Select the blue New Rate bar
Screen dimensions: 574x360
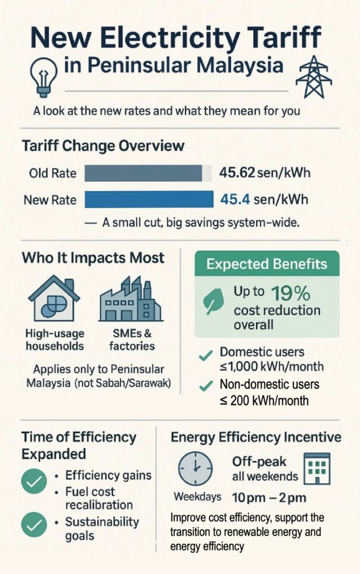(148, 200)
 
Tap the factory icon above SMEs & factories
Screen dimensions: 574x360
(130, 299)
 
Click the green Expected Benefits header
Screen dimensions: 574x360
(267, 264)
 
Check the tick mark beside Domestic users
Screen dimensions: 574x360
(206, 355)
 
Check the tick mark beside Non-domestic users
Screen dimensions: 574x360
(206, 387)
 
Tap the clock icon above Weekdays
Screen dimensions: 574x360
(195, 468)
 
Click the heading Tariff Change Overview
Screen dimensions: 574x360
(103, 146)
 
